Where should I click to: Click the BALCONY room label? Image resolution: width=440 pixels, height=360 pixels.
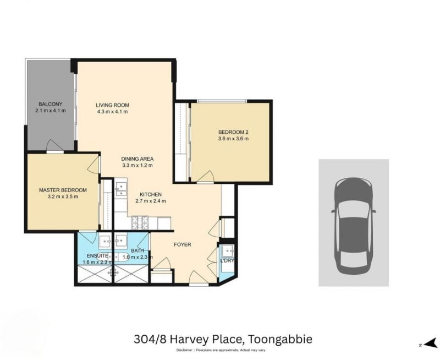tap(51, 104)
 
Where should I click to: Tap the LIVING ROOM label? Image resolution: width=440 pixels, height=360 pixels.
tap(113, 105)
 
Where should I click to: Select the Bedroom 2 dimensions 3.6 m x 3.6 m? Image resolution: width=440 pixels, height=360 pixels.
tap(233, 139)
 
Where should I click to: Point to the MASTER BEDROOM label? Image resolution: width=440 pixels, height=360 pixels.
tap(63, 190)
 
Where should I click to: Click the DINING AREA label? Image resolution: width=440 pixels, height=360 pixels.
tap(137, 159)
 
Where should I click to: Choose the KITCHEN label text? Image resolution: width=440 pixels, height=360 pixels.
tap(151, 195)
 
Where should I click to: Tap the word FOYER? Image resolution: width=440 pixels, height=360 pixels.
tap(183, 244)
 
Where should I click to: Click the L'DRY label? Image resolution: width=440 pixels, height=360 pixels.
tap(227, 260)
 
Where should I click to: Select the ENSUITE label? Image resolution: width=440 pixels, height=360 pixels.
tap(97, 256)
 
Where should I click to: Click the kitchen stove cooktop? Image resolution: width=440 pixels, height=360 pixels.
tap(140, 223)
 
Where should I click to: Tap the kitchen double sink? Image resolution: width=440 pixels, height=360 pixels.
tap(121, 189)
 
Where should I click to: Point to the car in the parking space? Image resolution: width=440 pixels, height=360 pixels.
tap(354, 226)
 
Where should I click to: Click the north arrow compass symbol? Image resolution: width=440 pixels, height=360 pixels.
tap(429, 345)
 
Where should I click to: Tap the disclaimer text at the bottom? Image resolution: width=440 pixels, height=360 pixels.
tap(221, 350)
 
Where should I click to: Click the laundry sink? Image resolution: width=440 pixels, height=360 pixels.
tap(227, 252)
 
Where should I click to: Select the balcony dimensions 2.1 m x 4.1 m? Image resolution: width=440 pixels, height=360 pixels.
tap(51, 111)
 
